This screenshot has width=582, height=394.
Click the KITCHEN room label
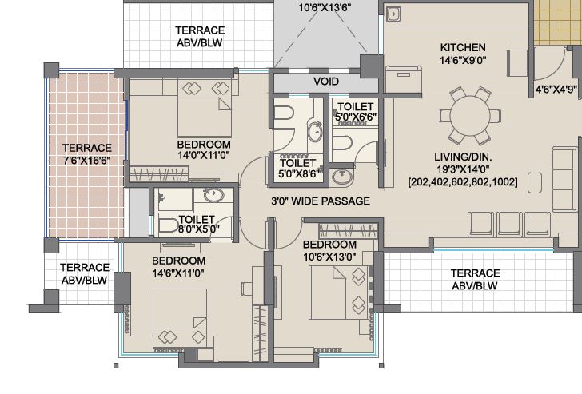463,47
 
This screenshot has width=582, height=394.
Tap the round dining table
470,116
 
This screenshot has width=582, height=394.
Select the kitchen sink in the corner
393,14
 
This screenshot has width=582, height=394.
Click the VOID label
326,82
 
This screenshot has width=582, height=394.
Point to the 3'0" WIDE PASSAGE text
321,201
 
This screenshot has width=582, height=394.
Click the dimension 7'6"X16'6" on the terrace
87,161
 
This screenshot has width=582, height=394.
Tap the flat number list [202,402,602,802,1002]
462,182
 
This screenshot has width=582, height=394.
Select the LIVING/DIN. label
463,157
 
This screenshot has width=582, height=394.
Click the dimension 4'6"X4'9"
556,89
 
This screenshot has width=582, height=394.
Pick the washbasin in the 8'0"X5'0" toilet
213,195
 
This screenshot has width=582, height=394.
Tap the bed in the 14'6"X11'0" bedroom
180,318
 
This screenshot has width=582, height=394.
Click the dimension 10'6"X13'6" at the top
325,7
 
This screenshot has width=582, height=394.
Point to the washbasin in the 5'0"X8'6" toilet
315,131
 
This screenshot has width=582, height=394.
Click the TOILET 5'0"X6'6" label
356,112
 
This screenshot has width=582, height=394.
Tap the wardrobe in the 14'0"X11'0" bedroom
159,173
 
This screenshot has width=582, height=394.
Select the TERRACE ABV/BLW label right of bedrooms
475,280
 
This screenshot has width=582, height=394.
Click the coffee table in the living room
535,182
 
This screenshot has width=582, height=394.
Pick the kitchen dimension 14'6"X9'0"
463,60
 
